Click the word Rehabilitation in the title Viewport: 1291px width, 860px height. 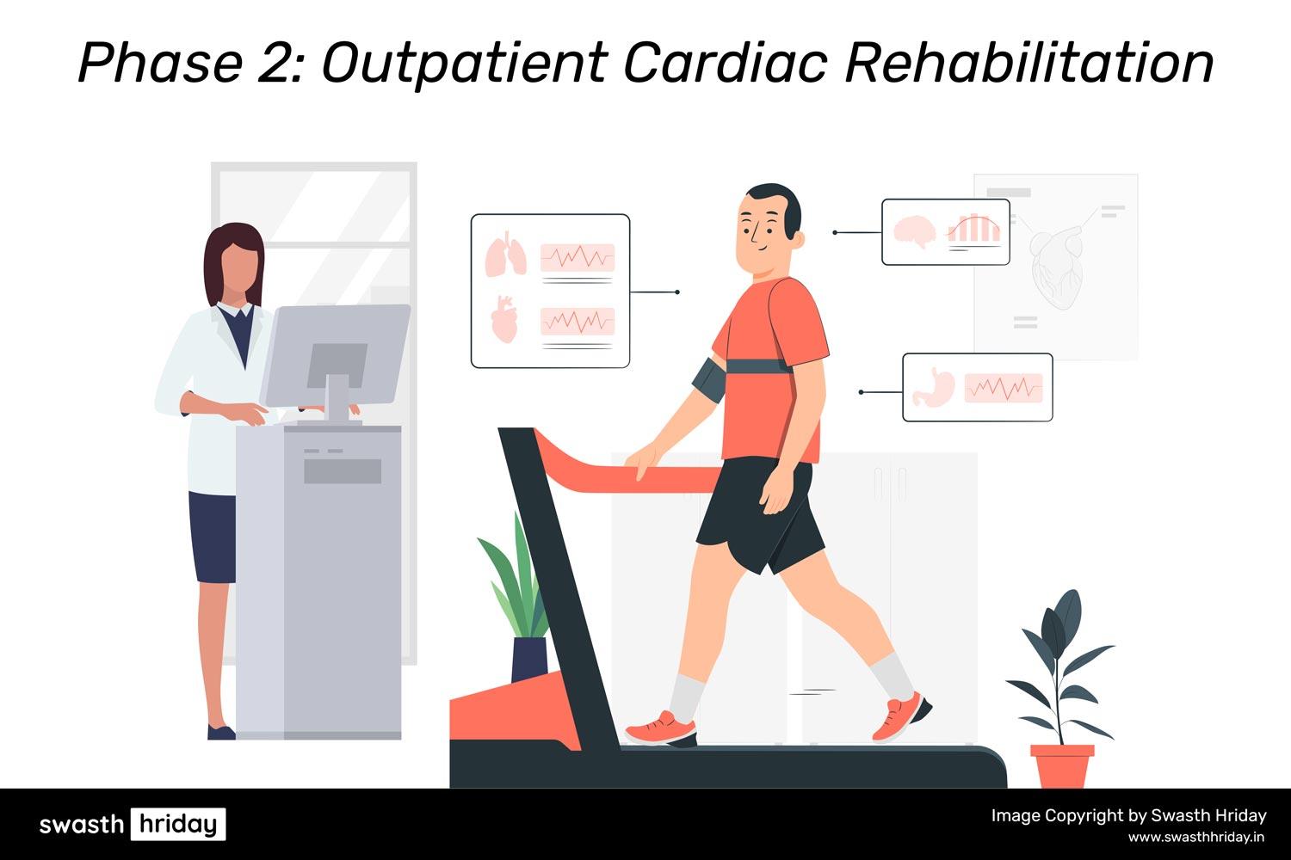pyautogui.click(x=1029, y=63)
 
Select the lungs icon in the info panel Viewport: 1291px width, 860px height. pyautogui.click(x=505, y=254)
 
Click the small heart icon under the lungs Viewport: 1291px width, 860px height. pyautogui.click(x=504, y=320)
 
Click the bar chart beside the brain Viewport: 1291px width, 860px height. pyautogui.click(x=973, y=229)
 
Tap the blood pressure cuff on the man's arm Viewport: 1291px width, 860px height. pyautogui.click(x=707, y=380)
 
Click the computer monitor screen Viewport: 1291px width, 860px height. pyautogui.click(x=336, y=354)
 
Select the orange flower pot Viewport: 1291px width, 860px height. pyautogui.click(x=1062, y=766)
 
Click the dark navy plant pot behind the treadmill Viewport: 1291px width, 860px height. pyautogui.click(x=529, y=659)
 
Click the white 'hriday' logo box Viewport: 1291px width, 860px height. pyautogui.click(x=178, y=824)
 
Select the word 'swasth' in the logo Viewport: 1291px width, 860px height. pyautogui.click(x=81, y=824)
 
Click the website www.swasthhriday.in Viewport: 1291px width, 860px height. pyautogui.click(x=1197, y=837)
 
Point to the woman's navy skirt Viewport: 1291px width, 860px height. pyautogui.click(x=212, y=537)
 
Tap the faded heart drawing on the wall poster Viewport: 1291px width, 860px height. pyautogui.click(x=1056, y=266)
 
